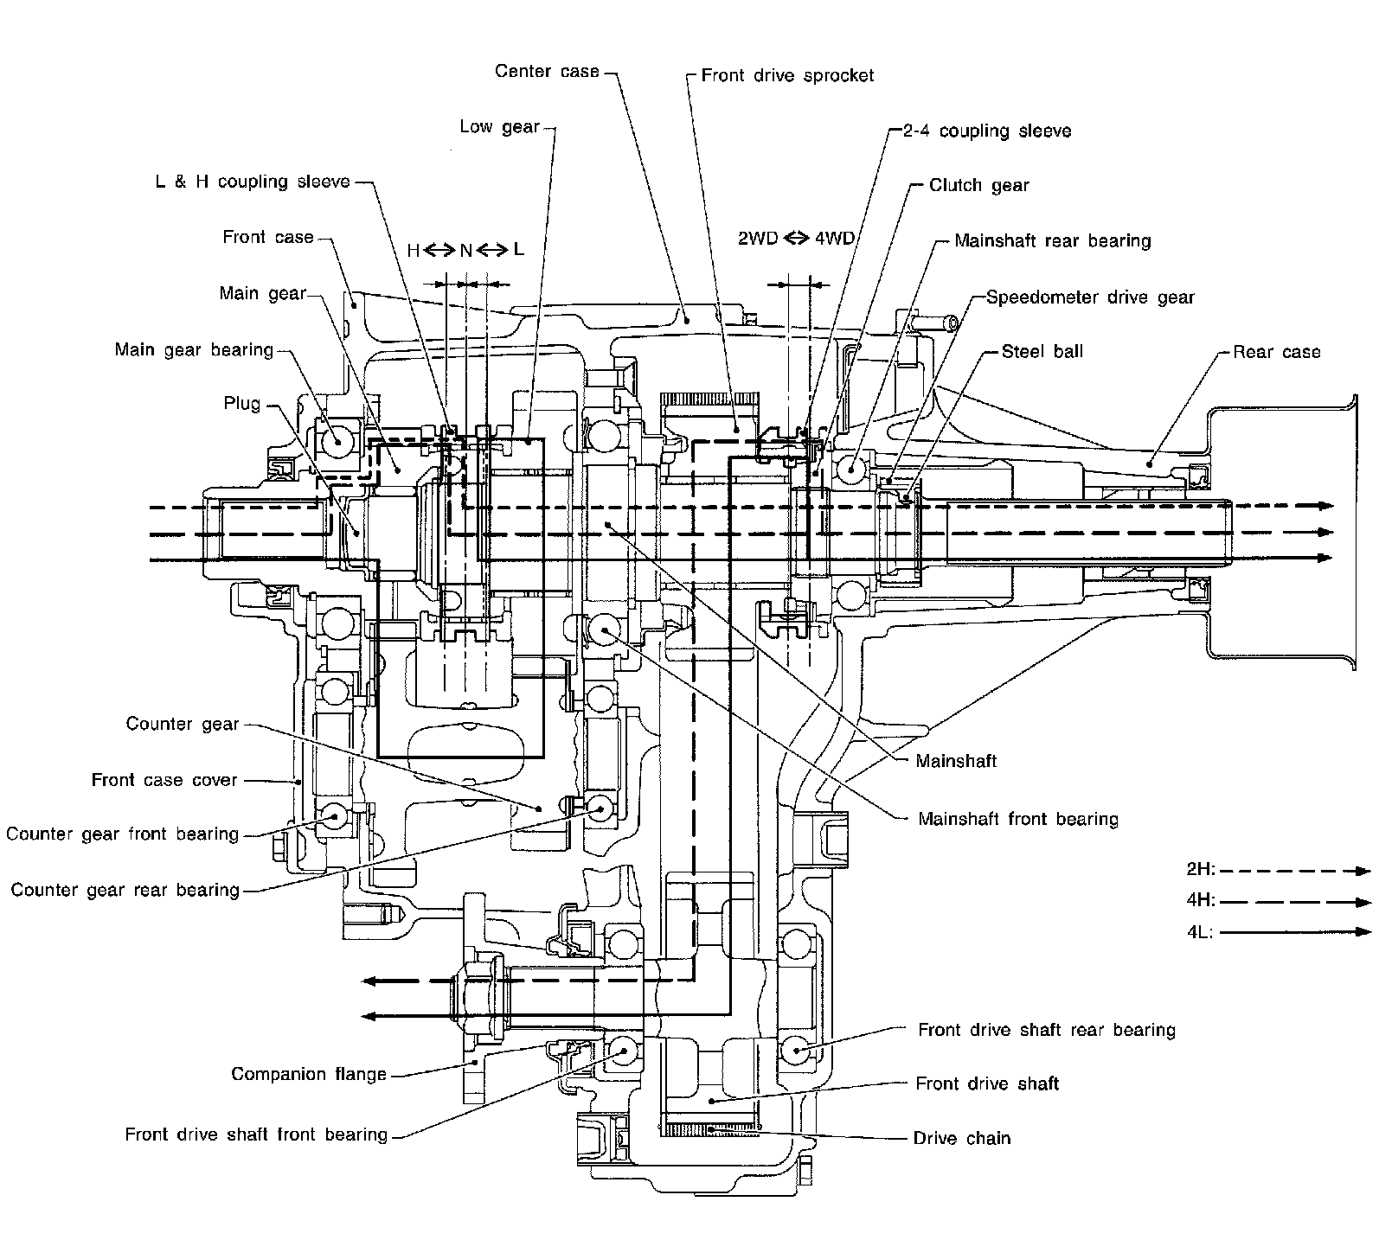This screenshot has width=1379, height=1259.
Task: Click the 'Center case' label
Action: pos(547,71)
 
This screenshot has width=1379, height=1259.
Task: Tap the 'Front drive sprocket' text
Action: pos(787,75)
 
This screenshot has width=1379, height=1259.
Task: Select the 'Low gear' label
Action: pos(499,127)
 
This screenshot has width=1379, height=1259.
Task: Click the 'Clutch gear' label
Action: pos(978,185)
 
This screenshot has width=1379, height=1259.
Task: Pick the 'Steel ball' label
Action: pos(1042,352)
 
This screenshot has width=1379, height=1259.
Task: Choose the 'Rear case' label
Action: pos(1276,352)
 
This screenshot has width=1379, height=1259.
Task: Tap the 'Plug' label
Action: pos(241,404)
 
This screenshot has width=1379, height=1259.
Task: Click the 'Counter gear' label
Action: pos(183,724)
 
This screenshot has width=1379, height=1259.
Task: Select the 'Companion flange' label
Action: pos(309,1075)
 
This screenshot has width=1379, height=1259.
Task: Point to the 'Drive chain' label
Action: pos(962,1138)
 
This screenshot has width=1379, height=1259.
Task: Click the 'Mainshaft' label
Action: pos(956,761)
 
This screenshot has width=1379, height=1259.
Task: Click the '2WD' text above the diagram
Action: pos(757,239)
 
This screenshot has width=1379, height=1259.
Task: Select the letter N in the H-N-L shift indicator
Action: pos(465,251)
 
